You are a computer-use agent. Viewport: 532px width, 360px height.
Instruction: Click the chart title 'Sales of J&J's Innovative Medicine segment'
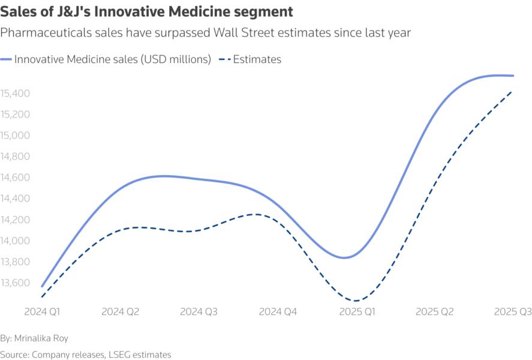click(147, 11)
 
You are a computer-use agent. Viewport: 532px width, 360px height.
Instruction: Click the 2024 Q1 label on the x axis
click(42, 312)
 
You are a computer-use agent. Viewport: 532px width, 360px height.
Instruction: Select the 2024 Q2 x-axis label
click(121, 312)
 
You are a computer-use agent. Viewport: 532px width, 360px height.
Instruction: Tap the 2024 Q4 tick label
click(278, 312)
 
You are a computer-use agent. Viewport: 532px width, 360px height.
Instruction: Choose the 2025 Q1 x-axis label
click(356, 312)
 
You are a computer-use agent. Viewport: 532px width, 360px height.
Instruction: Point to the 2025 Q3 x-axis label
click(512, 312)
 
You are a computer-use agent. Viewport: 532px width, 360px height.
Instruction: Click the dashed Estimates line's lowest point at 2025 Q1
click(356, 301)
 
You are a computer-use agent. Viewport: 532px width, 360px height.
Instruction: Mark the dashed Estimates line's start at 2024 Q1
click(42, 296)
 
